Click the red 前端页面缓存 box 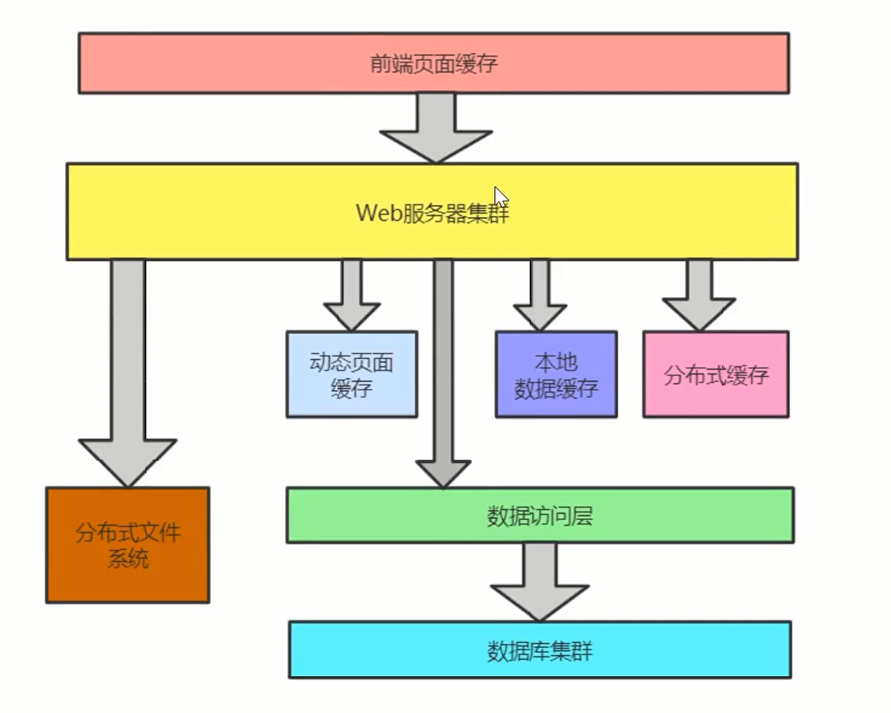(x=433, y=63)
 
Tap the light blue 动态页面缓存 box (x=351, y=374)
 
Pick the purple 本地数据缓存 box (x=556, y=374)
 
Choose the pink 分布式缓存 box (x=716, y=374)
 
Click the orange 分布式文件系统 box (x=128, y=545)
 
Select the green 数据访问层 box (x=540, y=516)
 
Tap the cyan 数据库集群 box (x=540, y=650)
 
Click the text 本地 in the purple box (x=556, y=362)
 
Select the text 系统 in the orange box (x=128, y=558)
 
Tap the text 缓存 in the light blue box (x=351, y=388)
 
